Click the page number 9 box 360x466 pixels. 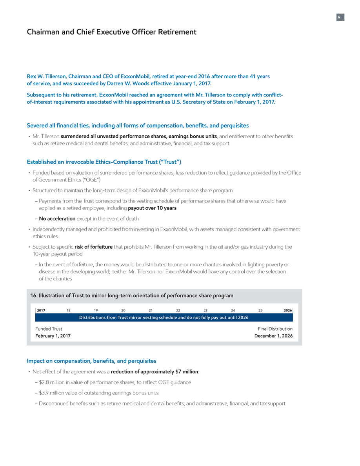pyautogui.click(x=340, y=17)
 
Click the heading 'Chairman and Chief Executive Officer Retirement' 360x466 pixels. pyautogui.click(x=111, y=32)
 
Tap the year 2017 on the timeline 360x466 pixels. pyautogui.click(x=40, y=310)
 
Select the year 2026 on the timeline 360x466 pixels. pyautogui.click(x=287, y=310)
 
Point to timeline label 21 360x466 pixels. pyautogui.click(x=151, y=310)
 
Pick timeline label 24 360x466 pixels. pyautogui.click(x=233, y=310)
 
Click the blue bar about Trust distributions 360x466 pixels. pyautogui.click(x=164, y=317)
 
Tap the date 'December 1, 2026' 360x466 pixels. pyautogui.click(x=273, y=336)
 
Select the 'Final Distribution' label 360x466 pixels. pyautogui.click(x=275, y=329)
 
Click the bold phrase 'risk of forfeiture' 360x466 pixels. pyautogui.click(x=93, y=247)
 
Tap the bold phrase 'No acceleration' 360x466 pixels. pyautogui.click(x=57, y=218)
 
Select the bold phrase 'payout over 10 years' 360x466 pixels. pyautogui.click(x=152, y=208)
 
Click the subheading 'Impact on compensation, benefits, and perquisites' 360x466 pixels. pyautogui.click(x=91, y=360)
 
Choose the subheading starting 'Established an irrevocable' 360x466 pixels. pyautogui.click(x=104, y=162)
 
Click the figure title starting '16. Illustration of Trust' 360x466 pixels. pyautogui.click(x=132, y=295)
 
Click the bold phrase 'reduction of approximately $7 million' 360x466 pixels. pyautogui.click(x=154, y=371)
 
